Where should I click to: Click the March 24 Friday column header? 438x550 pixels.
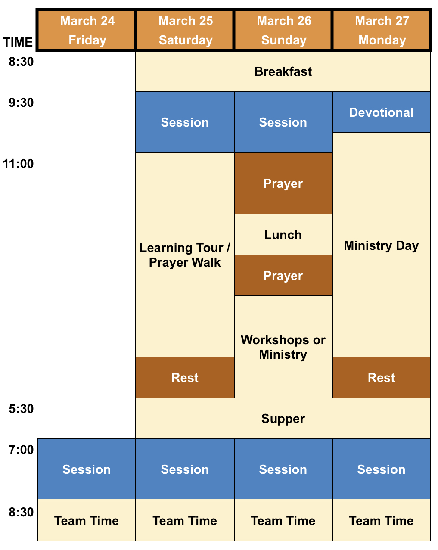tap(87, 30)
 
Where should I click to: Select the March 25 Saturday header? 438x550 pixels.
tap(185, 30)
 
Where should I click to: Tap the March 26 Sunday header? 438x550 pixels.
tap(283, 30)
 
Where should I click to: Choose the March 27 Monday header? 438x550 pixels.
tap(381, 30)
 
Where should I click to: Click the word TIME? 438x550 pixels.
tap(18, 42)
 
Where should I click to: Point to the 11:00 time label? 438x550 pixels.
tap(18, 164)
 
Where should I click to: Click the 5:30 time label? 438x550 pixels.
tap(21, 409)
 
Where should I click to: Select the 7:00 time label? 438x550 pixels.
tap(21, 450)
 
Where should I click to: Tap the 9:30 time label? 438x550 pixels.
tap(21, 103)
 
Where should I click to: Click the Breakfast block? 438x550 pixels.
tap(283, 71)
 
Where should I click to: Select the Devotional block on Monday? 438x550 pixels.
tap(381, 112)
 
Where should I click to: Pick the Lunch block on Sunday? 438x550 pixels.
tap(283, 235)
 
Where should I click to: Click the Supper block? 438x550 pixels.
tap(283, 419)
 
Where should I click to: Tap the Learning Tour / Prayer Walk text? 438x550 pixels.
tap(185, 255)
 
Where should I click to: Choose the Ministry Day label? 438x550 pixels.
tap(381, 245)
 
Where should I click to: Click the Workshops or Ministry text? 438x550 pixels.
tap(283, 347)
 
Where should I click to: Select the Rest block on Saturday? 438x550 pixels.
tap(185, 377)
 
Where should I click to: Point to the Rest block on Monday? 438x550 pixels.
tap(381, 377)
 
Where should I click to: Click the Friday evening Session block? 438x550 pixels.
tap(87, 469)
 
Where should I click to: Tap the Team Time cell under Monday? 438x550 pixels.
tap(381, 521)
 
